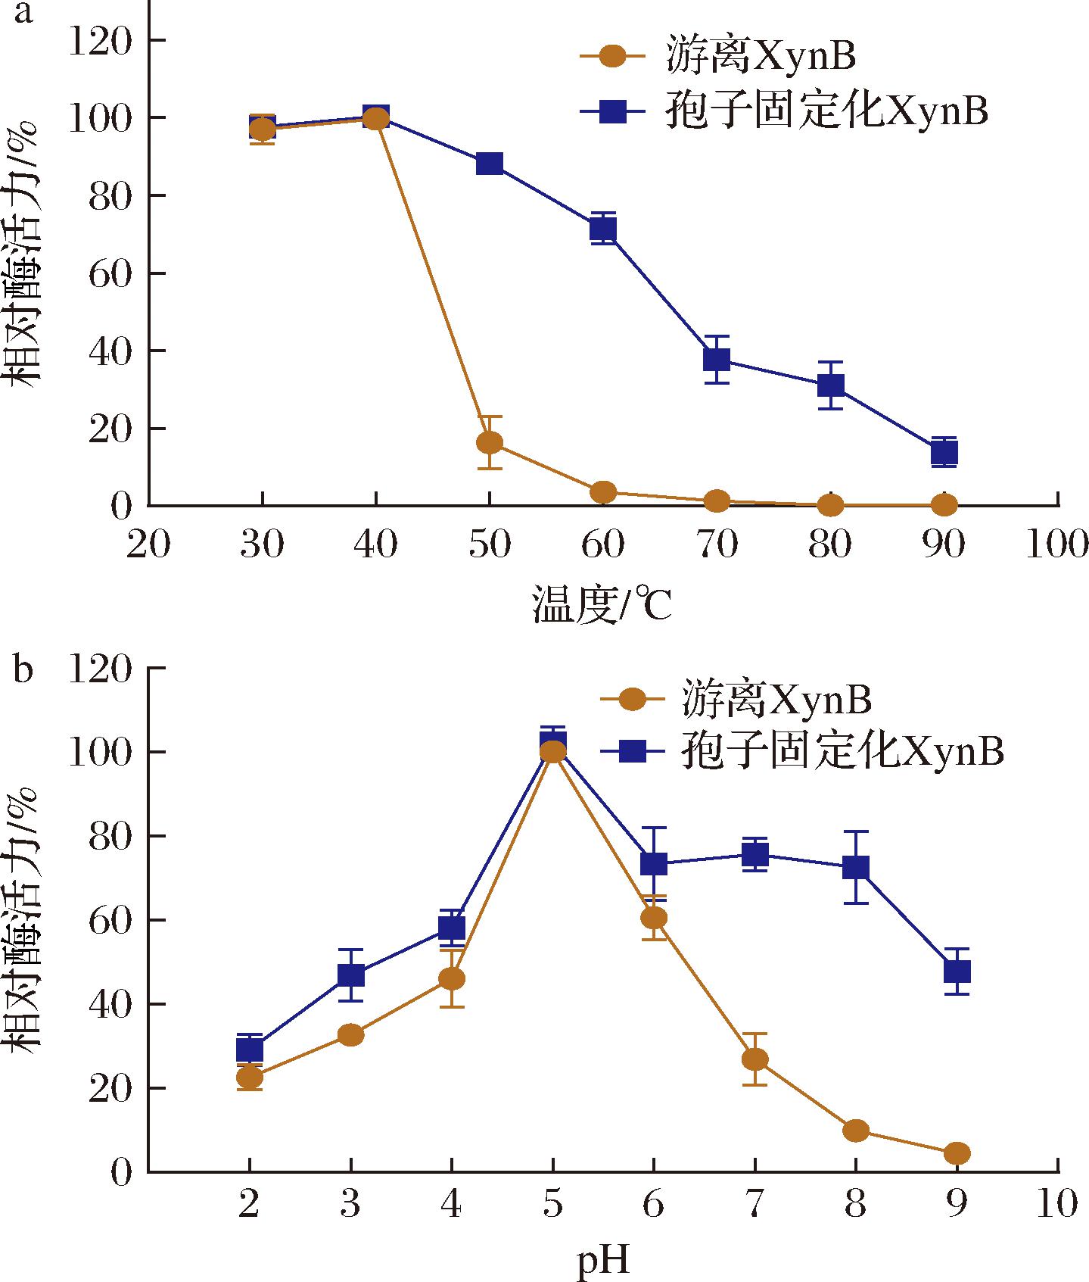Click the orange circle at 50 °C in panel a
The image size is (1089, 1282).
pos(490,442)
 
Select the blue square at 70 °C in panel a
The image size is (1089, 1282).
pos(717,359)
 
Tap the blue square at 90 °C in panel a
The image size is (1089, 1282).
pos(944,453)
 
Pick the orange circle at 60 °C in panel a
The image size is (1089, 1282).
pos(603,492)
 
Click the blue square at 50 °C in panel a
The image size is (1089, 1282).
pos(490,164)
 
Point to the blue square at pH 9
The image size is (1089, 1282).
pos(957,971)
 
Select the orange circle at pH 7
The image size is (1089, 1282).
pos(755,1059)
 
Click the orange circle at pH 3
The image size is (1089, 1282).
pos(350,1034)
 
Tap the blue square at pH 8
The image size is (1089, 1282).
pos(856,867)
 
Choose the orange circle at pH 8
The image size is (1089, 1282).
pos(856,1131)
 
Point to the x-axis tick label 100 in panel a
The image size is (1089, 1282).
pos(1056,545)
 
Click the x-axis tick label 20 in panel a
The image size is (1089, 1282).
pos(148,545)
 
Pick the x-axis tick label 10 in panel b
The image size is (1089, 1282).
pos(1056,1205)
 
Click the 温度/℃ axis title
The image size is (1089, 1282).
pos(602,605)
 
